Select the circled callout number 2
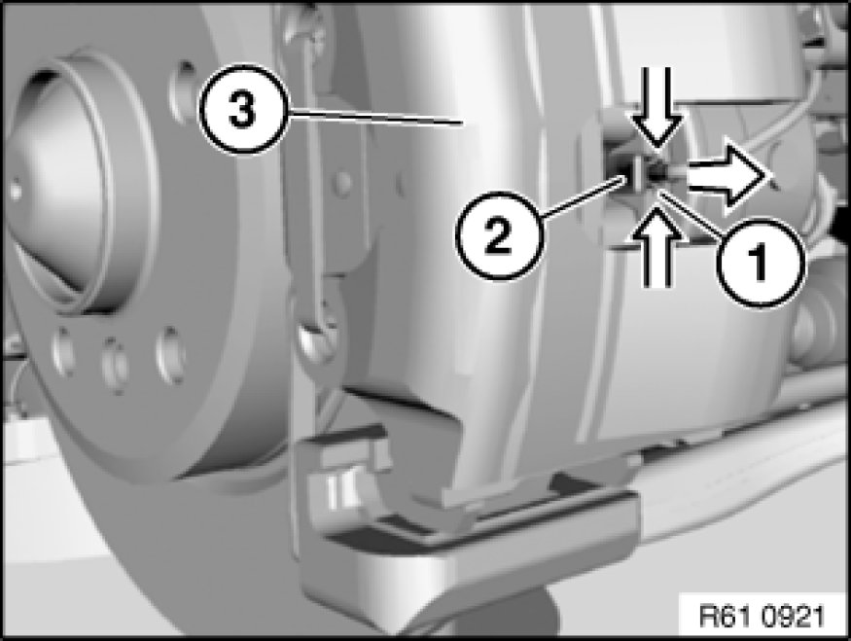(x=498, y=234)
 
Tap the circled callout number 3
(x=241, y=111)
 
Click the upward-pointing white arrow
(x=657, y=246)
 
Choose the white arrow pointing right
(x=728, y=177)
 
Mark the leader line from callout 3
(x=374, y=117)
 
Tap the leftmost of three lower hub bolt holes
(x=63, y=349)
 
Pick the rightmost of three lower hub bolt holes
(x=169, y=355)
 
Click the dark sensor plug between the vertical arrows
(x=657, y=172)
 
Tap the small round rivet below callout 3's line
(x=342, y=181)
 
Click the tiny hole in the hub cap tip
(x=16, y=191)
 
